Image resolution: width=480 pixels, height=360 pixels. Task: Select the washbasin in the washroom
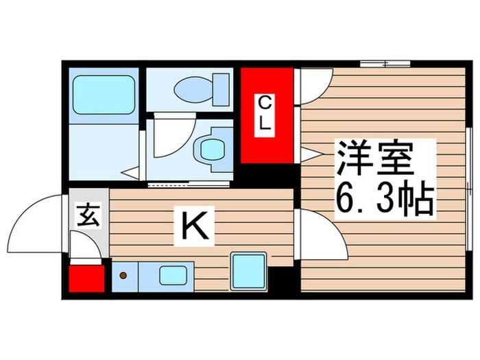tap(211, 146)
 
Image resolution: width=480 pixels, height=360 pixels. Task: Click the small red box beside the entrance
tap(86, 279)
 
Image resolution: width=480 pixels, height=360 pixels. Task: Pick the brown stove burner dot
tap(123, 276)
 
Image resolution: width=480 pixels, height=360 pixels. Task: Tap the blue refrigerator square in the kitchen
tap(248, 270)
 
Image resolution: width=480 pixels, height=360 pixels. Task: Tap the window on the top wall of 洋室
tap(384, 64)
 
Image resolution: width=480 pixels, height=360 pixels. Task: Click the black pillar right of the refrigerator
tap(280, 281)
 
